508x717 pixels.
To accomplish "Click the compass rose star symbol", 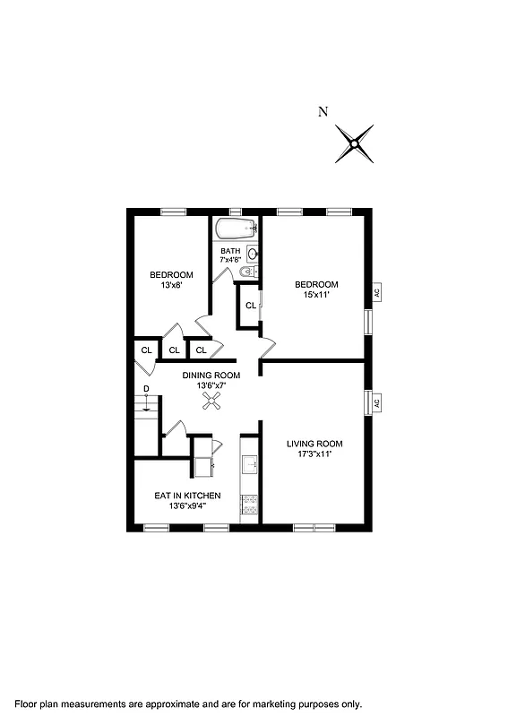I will pos(355,143).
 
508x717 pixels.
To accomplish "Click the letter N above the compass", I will pos(323,112).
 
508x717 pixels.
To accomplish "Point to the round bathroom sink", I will pos(252,254).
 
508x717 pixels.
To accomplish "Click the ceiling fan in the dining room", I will pos(213,404).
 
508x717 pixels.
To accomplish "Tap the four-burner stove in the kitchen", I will pos(250,505).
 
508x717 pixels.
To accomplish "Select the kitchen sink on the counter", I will pos(250,463).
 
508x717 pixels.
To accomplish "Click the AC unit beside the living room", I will pos(377,403).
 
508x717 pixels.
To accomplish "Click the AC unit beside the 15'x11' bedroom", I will pos(377,292).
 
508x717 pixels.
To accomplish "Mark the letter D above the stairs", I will pos(146,388).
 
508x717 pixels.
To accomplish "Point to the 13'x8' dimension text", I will pos(171,286).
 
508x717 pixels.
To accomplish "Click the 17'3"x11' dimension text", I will pos(314,455).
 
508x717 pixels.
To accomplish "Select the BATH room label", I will pos(230,251).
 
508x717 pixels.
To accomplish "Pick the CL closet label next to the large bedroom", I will pos(250,306).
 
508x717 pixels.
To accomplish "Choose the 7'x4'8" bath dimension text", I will pos(230,261).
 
